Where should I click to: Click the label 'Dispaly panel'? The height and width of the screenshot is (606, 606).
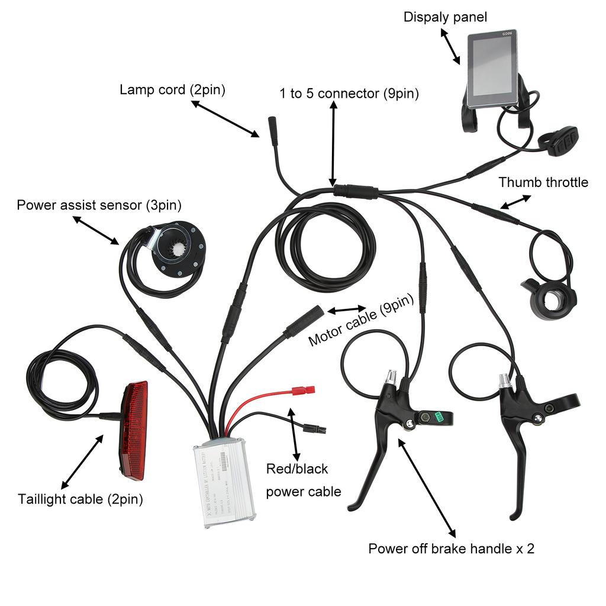(445, 17)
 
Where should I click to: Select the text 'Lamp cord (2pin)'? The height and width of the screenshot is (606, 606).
(172, 90)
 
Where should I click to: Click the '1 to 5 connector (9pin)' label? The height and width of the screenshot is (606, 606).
(349, 94)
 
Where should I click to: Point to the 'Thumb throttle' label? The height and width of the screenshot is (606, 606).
(543, 182)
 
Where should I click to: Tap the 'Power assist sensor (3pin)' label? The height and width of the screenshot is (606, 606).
(99, 205)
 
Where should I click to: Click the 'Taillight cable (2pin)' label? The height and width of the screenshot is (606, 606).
(80, 499)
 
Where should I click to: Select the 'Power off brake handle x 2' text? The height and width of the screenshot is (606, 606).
(451, 549)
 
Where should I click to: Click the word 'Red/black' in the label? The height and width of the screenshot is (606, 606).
(296, 469)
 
